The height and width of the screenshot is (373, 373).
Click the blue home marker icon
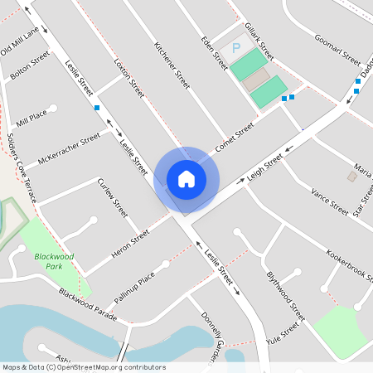186,177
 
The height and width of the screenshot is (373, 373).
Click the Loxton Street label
129,74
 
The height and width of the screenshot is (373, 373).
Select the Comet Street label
235,137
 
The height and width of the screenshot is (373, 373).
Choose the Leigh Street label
265,166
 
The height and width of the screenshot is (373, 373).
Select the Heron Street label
128,245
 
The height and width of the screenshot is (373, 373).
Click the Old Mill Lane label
20,41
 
